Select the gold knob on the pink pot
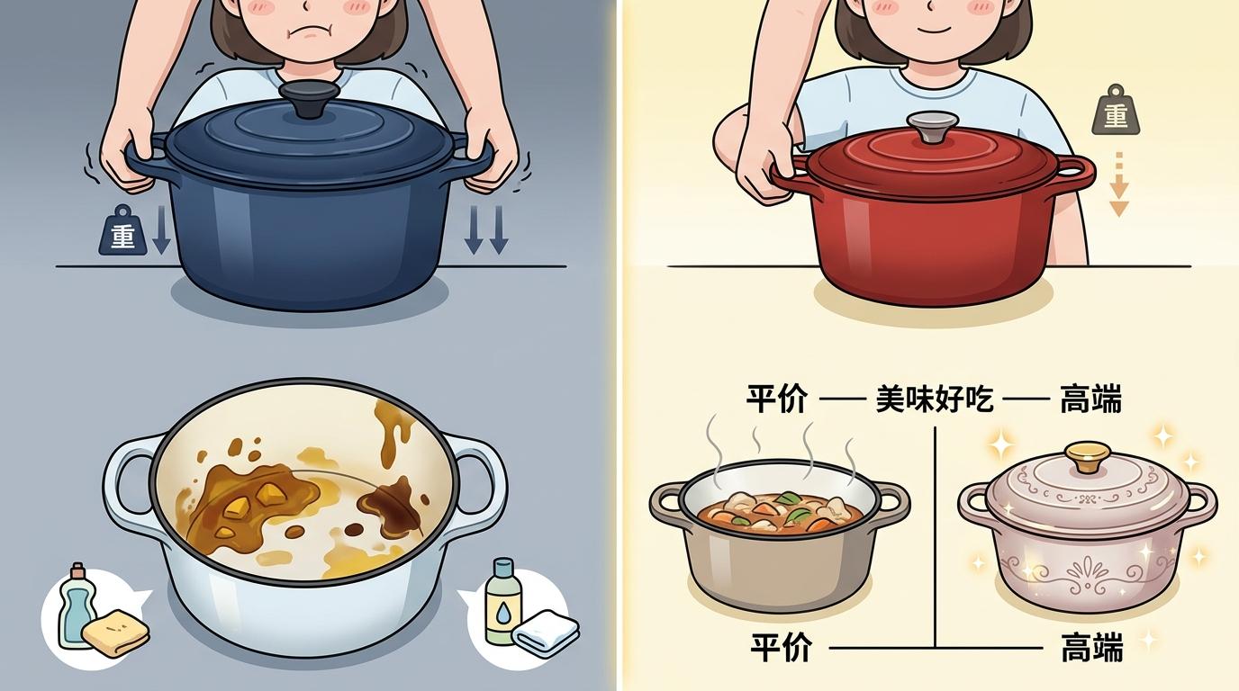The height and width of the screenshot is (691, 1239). tap(1088, 456)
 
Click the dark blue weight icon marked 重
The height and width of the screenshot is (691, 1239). tap(122, 230)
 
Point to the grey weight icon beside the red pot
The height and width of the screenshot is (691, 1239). tap(1117, 110)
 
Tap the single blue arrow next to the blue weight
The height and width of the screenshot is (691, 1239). tap(161, 230)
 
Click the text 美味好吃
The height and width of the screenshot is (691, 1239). tap(935, 399)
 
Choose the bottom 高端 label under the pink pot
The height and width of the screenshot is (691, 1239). tap(1092, 648)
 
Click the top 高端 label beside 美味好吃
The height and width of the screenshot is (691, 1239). tap(1090, 399)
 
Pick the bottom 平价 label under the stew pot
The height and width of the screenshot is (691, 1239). tap(782, 647)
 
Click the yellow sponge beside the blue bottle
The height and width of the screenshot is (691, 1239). tap(115, 633)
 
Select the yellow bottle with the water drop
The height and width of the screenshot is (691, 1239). tap(502, 602)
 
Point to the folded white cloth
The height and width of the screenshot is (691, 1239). tap(546, 633)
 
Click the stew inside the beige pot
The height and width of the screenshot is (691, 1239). tap(780, 514)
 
